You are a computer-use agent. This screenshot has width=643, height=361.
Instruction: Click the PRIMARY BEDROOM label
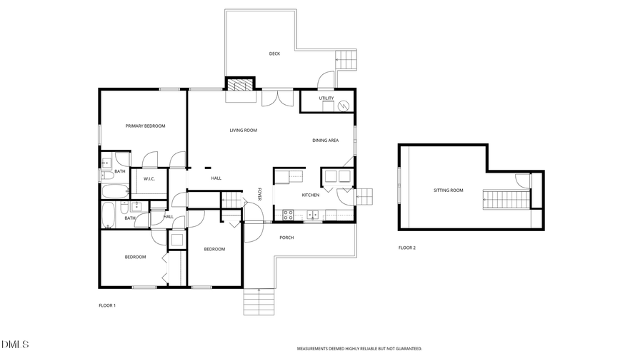145,126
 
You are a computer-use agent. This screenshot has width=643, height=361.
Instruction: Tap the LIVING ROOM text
243,131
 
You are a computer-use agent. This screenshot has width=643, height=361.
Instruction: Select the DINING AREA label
325,141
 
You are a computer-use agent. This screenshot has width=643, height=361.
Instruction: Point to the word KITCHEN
310,195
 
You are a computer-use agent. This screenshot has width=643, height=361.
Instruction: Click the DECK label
274,54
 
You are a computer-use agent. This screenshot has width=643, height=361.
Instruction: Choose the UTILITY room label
326,98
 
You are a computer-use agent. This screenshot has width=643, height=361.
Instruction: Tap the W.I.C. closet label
149,178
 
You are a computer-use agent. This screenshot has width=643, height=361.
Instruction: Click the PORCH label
286,238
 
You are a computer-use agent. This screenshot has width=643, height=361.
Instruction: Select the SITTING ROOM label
448,190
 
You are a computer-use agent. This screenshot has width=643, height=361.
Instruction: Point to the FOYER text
260,193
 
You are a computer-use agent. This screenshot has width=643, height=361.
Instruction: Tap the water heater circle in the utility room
344,105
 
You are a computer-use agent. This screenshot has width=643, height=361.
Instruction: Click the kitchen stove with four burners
289,213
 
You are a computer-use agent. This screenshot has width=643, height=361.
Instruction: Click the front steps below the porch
259,302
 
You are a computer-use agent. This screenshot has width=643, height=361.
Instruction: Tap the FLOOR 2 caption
407,248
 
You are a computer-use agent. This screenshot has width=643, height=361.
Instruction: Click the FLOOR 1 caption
106,305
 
